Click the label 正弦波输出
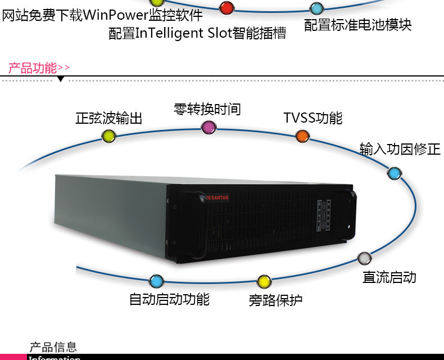click(x=109, y=118)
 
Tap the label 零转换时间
click(x=207, y=109)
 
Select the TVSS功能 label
click(x=312, y=118)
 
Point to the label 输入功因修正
click(x=400, y=149)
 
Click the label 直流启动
click(x=389, y=277)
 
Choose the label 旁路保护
click(x=275, y=300)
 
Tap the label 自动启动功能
click(x=169, y=299)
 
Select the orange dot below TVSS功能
click(x=302, y=136)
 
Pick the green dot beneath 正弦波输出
click(x=108, y=136)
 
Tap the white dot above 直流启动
click(x=365, y=259)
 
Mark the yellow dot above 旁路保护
click(x=264, y=282)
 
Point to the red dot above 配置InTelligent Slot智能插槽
click(x=226, y=8)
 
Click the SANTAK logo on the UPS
click(x=220, y=197)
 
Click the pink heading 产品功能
click(x=33, y=68)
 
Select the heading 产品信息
click(x=53, y=347)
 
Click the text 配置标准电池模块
click(x=357, y=25)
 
